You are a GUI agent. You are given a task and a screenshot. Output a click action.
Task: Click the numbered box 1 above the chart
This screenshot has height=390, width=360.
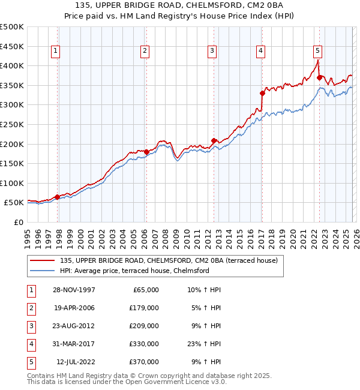55,52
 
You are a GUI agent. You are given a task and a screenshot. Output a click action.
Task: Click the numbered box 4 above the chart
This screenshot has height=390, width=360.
261,52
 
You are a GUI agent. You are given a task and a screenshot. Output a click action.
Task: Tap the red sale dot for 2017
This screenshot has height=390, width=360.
262,93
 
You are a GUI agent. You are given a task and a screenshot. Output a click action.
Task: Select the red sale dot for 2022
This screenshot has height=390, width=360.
319,77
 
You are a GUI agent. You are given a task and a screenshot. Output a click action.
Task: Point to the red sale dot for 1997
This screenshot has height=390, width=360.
58,197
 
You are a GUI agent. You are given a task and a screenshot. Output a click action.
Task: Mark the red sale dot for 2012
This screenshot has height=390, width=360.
214,140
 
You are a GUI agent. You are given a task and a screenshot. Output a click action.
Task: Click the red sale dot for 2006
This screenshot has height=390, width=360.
146,152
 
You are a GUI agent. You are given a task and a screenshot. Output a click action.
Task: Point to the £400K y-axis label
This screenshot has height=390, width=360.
12,65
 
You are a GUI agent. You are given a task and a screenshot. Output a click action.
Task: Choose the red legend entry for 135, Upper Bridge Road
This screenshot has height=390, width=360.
169,261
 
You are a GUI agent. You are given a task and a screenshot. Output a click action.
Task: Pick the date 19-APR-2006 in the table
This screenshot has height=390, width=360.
73,308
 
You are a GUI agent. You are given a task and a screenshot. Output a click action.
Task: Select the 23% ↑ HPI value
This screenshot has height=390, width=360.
203,345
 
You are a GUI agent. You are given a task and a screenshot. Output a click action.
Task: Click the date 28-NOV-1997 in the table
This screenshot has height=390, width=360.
73,290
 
